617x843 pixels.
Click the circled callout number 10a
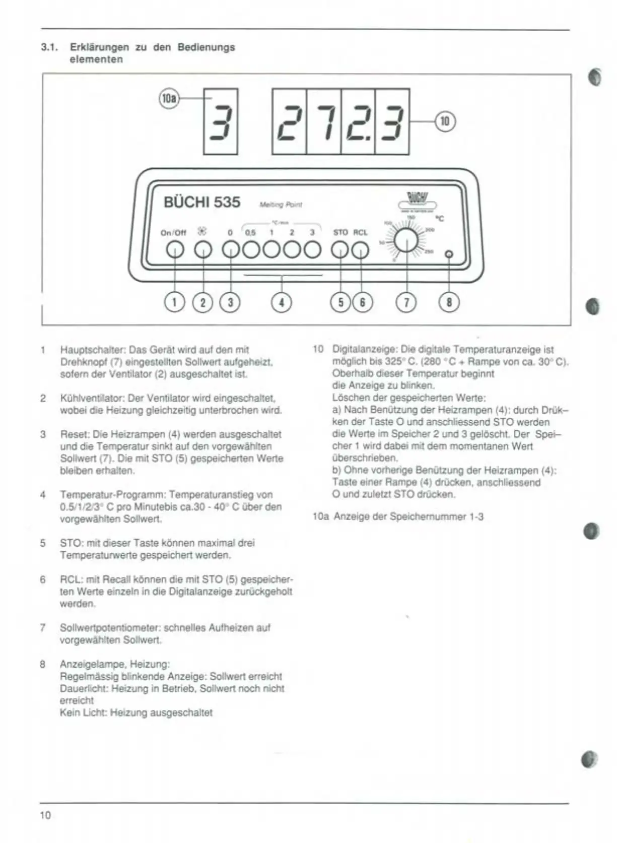pyautogui.click(x=169, y=99)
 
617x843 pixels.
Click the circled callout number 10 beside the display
pyautogui.click(x=445, y=122)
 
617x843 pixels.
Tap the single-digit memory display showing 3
pyautogui.click(x=221, y=122)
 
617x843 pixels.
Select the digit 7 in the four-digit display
pyautogui.click(x=324, y=122)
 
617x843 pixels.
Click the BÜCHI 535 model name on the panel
pyautogui.click(x=202, y=202)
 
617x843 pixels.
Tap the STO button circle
pyautogui.click(x=340, y=250)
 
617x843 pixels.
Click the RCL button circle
pyautogui.click(x=360, y=250)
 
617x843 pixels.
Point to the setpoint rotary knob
pyautogui.click(x=406, y=241)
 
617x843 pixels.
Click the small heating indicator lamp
pyautogui.click(x=449, y=255)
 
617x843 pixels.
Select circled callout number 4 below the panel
pyautogui.click(x=282, y=302)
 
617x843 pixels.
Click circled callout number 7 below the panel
pyautogui.click(x=406, y=302)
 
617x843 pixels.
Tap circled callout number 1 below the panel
pyautogui.click(x=175, y=302)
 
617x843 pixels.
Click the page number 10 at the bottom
pyautogui.click(x=45, y=815)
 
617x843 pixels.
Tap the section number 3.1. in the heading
pyautogui.click(x=49, y=47)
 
